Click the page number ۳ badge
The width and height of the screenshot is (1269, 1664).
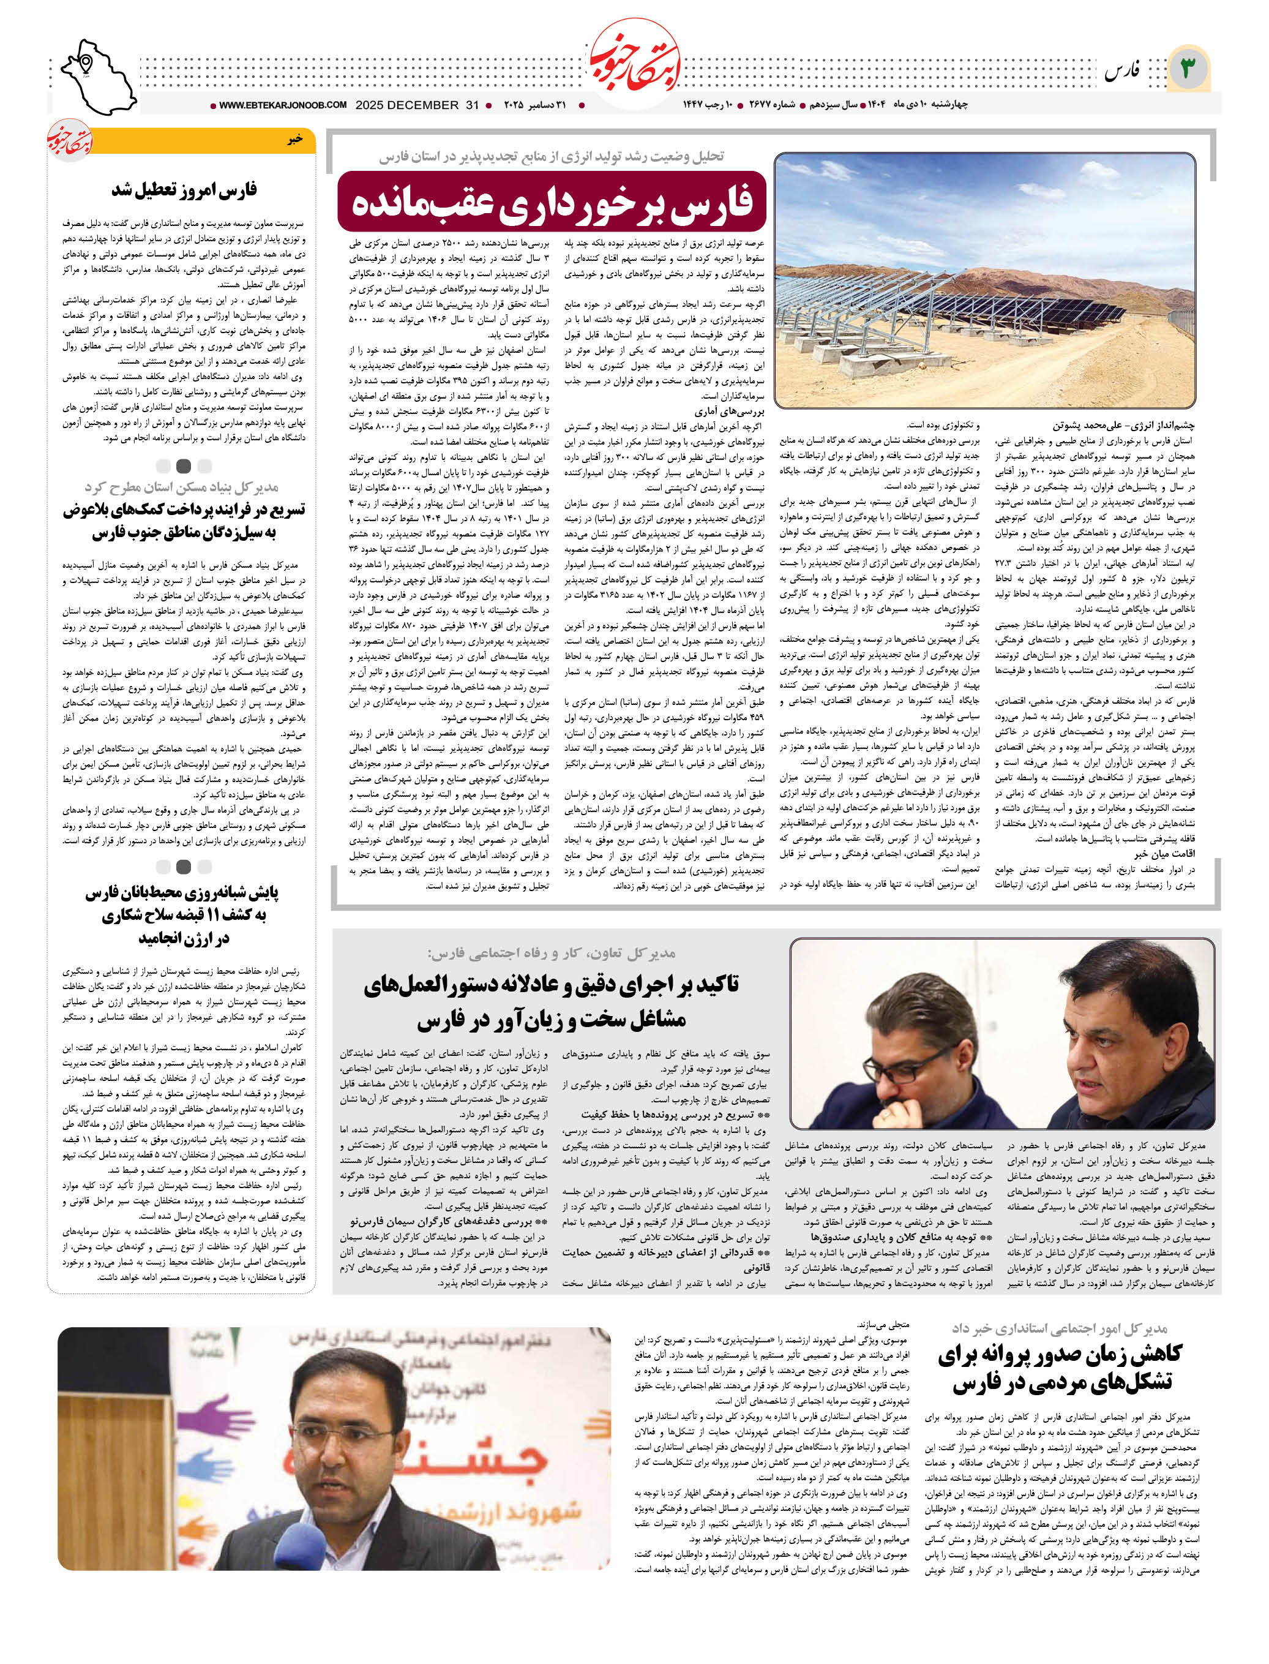click(1188, 69)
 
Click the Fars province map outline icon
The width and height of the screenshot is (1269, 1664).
click(97, 77)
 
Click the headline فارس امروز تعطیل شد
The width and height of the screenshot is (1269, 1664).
click(184, 190)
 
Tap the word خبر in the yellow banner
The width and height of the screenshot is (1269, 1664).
click(294, 140)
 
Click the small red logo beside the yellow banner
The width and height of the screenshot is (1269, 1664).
click(70, 140)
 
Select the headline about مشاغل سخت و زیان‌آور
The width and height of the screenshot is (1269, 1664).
click(552, 1002)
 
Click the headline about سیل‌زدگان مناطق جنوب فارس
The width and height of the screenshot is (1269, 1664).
click(184, 521)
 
